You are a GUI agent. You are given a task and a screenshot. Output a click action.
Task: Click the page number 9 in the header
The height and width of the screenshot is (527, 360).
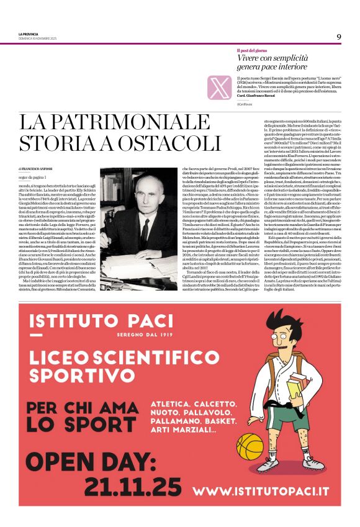point(339,37)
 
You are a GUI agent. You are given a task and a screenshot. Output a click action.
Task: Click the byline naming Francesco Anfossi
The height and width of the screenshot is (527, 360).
point(40,168)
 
